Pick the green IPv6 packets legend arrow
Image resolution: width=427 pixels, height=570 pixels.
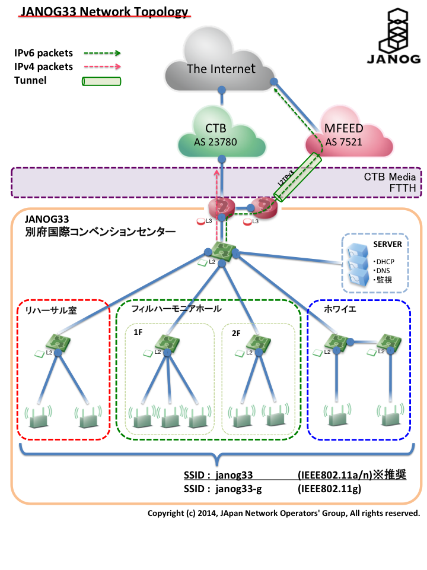pos(101,53)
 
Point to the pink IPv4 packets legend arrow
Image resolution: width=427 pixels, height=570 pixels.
pos(101,67)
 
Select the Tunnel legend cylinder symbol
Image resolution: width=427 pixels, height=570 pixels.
pos(101,81)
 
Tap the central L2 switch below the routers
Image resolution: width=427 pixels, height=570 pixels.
pos(221,252)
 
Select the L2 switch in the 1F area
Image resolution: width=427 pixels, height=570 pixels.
pos(167,344)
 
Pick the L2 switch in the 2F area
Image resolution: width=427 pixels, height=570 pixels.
pos(257,343)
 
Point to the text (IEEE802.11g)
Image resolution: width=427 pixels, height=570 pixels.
pos(329,489)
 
